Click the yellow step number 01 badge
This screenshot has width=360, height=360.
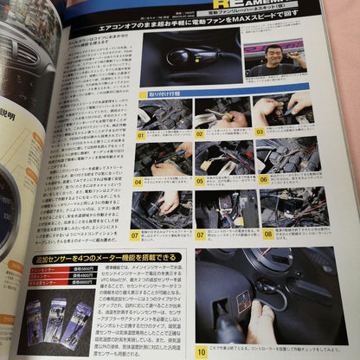pyautogui.click(x=141, y=134)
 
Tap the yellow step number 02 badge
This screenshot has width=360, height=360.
pyautogui.click(x=199, y=134)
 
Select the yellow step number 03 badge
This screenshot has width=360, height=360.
pyautogui.click(x=259, y=132)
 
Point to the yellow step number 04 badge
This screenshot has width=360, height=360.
pyautogui.click(x=138, y=182)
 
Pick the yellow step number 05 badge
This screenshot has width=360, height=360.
pyautogui.click(x=199, y=182)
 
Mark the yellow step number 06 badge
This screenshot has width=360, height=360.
pyautogui.click(x=263, y=180)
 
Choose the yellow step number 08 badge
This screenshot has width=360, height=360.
pyautogui.click(x=267, y=234)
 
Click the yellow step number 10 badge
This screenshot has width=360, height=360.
pyautogui.click(x=201, y=352)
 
